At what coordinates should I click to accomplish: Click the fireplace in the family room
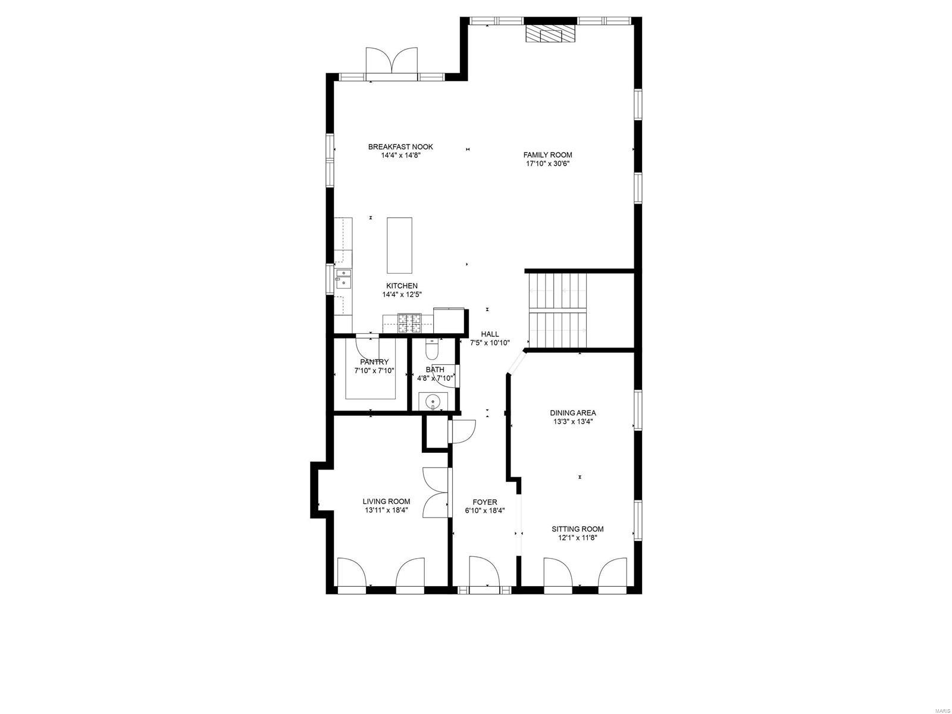click(550, 34)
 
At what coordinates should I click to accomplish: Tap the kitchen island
click(399, 245)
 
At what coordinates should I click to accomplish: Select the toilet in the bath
click(432, 346)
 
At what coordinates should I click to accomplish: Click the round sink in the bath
click(433, 402)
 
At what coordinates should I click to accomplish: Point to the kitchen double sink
click(343, 278)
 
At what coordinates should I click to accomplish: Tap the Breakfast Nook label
click(400, 147)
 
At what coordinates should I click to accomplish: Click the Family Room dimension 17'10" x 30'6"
click(548, 164)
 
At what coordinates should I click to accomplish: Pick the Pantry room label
click(374, 362)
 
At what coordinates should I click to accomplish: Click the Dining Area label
click(572, 413)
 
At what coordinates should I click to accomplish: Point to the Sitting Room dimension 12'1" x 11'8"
click(577, 537)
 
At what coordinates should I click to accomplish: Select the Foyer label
click(485, 502)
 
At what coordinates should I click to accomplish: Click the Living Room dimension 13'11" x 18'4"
click(386, 510)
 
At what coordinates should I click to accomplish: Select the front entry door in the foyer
click(484, 572)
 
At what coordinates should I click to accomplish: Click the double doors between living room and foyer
click(434, 493)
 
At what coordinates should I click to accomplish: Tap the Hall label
click(490, 334)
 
